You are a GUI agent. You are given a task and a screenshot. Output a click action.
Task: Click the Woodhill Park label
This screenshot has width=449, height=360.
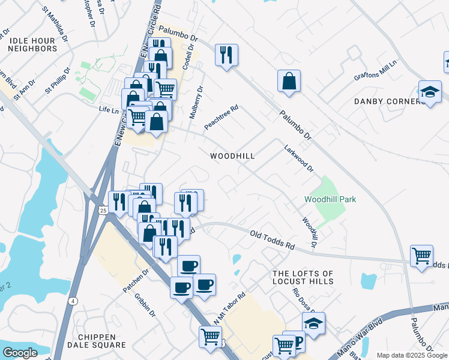330,199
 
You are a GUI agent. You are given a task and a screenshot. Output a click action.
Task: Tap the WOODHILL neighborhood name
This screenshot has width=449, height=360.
232,156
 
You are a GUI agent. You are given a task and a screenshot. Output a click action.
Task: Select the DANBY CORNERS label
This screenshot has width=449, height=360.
390,101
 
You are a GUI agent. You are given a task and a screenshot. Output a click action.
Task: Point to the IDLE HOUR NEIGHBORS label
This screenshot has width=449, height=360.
32,44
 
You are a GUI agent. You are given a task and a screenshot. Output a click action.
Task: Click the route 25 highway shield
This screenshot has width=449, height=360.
103,210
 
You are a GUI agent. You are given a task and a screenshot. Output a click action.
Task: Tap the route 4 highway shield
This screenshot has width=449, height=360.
73,301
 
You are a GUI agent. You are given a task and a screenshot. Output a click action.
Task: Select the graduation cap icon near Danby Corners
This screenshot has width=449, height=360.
430,92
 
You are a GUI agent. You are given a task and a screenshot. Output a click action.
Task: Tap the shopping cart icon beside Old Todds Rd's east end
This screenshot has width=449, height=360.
422,256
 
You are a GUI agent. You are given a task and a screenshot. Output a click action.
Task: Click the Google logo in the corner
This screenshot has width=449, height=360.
20,353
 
